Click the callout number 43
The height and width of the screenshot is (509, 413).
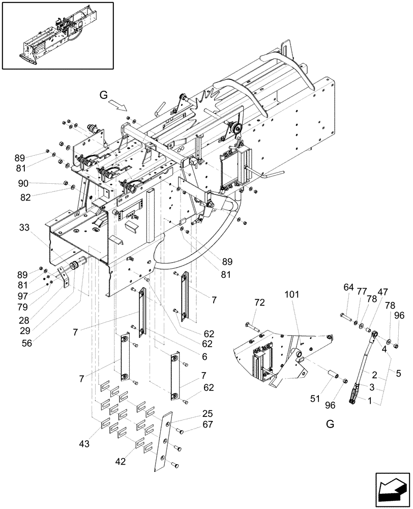84,444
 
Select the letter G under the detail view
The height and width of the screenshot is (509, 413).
330,424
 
